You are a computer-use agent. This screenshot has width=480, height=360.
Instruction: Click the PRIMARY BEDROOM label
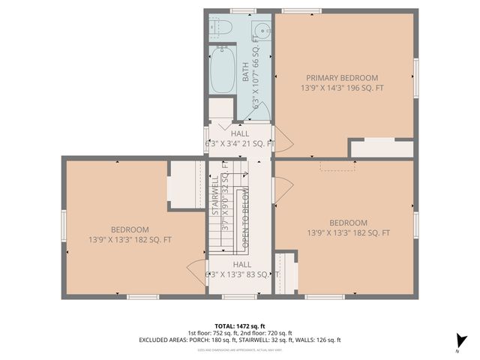click(342, 77)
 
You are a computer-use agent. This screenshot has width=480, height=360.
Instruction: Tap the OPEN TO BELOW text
click(245, 218)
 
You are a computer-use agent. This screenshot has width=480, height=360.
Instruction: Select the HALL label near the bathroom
click(241, 133)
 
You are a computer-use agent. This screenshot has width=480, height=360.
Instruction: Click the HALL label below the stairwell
click(242, 265)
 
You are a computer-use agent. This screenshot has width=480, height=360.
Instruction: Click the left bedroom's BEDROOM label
click(130, 229)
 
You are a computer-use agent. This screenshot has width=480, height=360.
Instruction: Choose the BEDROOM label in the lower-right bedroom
click(348, 223)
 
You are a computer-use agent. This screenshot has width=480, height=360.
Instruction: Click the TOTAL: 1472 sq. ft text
click(239, 325)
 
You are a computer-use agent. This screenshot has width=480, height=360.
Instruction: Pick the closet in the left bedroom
click(184, 184)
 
